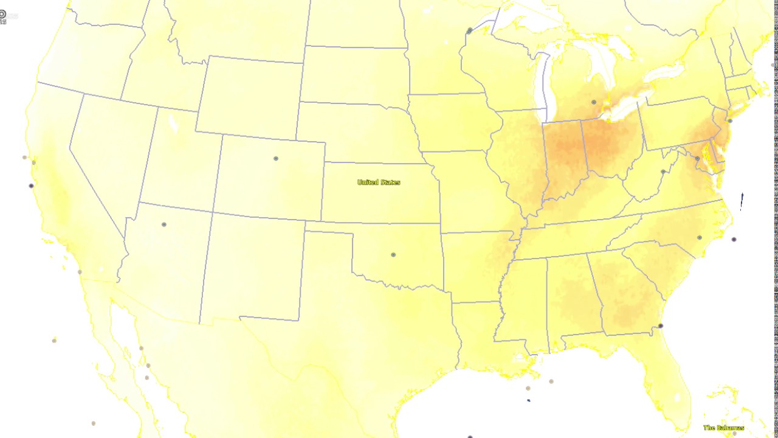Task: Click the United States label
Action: [x=379, y=182]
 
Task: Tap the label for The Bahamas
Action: [x=723, y=428]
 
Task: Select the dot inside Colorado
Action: [x=276, y=158]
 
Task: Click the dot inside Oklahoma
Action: [x=393, y=254]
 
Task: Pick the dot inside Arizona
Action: [x=164, y=224]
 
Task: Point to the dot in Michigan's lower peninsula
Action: [x=594, y=102]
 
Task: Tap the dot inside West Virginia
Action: [x=663, y=172]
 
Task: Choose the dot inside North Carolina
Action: [x=700, y=237]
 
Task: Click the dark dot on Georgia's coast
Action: [x=661, y=325]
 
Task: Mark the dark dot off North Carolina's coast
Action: [x=734, y=239]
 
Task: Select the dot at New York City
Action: [x=730, y=120]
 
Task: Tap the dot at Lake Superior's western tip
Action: [x=470, y=30]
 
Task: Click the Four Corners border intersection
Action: [x=213, y=212]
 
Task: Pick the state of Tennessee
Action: [x=577, y=237]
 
